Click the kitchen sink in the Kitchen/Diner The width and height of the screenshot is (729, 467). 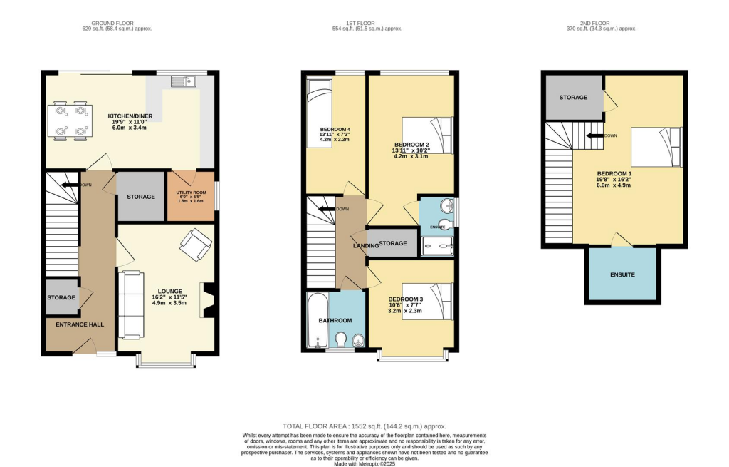click(x=182, y=82)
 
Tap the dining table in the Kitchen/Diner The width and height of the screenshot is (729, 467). click(x=70, y=120)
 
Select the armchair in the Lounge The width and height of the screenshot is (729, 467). click(x=195, y=245)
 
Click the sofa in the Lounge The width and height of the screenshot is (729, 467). click(x=130, y=304)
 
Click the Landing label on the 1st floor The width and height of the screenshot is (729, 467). click(x=366, y=245)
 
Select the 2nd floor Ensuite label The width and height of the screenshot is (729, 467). click(x=622, y=274)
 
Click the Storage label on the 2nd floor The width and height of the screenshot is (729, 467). click(x=573, y=97)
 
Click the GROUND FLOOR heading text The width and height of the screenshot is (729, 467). click(x=117, y=22)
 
